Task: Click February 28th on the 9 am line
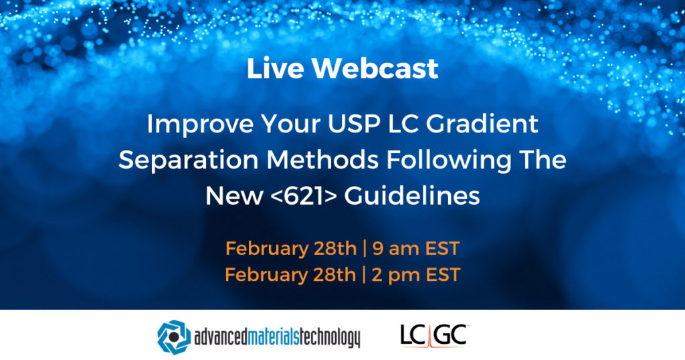(x=291, y=249)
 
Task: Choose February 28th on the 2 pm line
(x=291, y=275)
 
